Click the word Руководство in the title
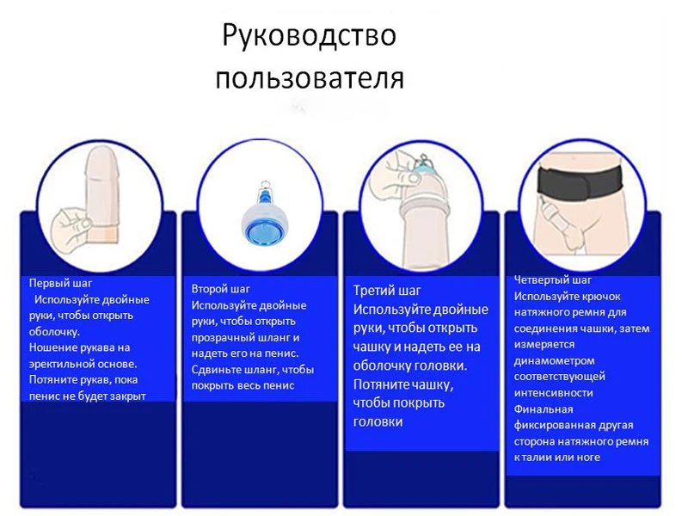coord(308,36)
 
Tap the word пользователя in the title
coord(309,78)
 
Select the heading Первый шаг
coord(60,283)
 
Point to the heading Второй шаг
coord(221,289)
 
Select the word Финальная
coord(544,408)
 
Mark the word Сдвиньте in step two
coord(218,370)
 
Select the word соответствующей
coord(559,377)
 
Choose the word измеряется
coord(542,344)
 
